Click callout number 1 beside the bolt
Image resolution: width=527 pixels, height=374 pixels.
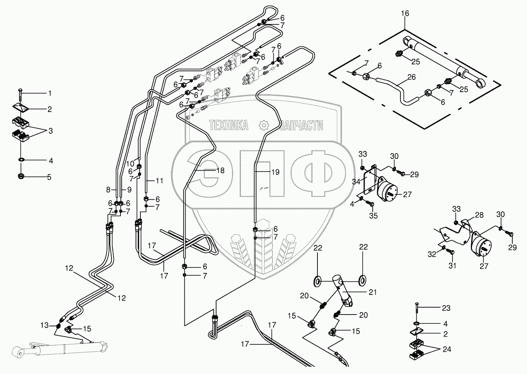point(50,93)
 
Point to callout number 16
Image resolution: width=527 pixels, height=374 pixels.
point(405,13)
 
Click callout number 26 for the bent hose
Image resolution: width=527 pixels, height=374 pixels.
point(411,77)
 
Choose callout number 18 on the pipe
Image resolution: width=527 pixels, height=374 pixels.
point(221,170)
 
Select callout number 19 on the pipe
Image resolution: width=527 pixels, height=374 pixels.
point(275,172)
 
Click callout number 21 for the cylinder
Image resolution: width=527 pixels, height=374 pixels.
point(372,292)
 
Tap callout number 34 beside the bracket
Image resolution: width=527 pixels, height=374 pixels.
point(356,182)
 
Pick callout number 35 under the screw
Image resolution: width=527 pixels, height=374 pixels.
point(373,216)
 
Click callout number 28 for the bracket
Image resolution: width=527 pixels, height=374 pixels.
point(479,215)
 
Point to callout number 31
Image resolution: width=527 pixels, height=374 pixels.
point(452,266)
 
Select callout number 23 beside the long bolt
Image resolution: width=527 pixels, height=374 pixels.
point(446,308)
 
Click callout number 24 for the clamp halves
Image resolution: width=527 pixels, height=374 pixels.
point(447,349)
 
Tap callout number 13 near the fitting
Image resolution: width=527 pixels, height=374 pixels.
point(44,325)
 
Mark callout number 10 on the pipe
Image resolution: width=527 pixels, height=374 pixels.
point(130,163)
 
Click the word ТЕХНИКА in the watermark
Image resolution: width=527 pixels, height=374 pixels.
point(229,125)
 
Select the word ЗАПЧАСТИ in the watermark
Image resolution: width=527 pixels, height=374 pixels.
point(302,125)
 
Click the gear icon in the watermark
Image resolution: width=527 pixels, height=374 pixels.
point(264,125)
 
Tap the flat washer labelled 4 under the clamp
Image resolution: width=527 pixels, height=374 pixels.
point(22,160)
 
